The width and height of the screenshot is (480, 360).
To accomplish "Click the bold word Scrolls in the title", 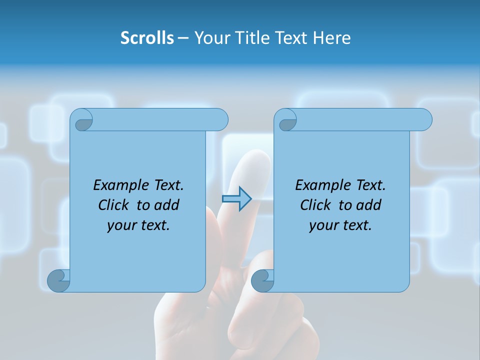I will pos(147,38).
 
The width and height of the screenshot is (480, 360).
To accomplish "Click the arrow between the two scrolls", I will pos(236,198).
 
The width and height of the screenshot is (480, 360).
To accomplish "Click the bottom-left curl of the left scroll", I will pos(58,281).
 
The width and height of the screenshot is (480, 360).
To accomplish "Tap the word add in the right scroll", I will pos(369,205).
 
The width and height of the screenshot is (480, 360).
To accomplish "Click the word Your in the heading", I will pos(212,38).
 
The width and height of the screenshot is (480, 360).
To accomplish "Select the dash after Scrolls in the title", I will pos(183,38).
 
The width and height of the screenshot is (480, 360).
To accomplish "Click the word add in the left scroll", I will pos(167,205).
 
